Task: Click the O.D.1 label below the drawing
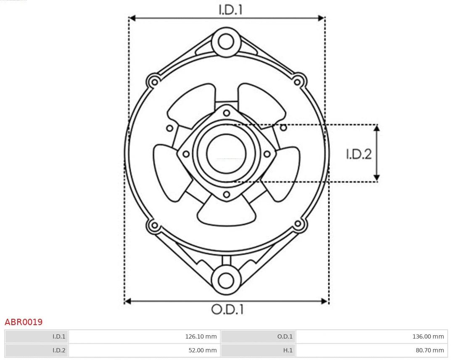click(x=227, y=310)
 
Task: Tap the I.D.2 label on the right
click(x=359, y=154)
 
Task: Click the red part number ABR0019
click(x=24, y=322)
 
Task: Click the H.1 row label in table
click(x=258, y=350)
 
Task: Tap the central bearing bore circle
click(x=226, y=154)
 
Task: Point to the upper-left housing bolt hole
click(x=154, y=81)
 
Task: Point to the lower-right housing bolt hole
click(x=298, y=224)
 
